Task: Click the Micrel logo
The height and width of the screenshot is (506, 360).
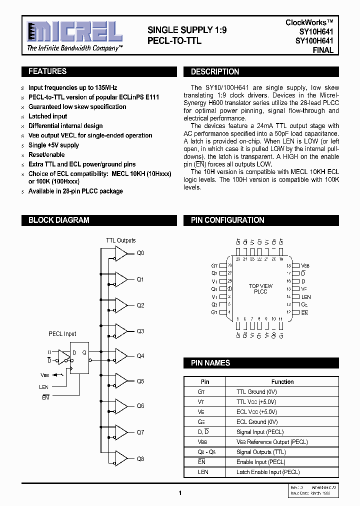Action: [x=74, y=32]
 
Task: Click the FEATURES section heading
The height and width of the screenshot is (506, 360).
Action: [x=47, y=71]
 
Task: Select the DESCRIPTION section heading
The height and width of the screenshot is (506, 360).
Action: [x=215, y=72]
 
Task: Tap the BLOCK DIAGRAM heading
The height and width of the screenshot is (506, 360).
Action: [x=59, y=220]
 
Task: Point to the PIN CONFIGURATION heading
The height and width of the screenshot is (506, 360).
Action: [x=227, y=220]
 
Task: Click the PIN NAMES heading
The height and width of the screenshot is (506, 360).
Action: [x=210, y=363]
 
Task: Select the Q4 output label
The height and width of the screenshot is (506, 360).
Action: [x=140, y=356]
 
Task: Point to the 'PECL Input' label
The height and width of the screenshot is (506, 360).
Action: [x=62, y=334]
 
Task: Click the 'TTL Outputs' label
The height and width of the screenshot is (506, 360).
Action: [x=120, y=240]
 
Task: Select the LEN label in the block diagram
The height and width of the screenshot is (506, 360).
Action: [x=44, y=387]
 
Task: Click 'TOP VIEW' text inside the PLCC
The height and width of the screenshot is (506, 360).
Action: [x=260, y=286]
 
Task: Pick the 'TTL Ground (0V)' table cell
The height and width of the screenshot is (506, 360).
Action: [x=256, y=392]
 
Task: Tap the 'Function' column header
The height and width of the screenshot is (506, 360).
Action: [x=282, y=382]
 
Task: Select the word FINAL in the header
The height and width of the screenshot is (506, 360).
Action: [x=323, y=50]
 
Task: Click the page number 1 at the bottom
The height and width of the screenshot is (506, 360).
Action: [x=179, y=493]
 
